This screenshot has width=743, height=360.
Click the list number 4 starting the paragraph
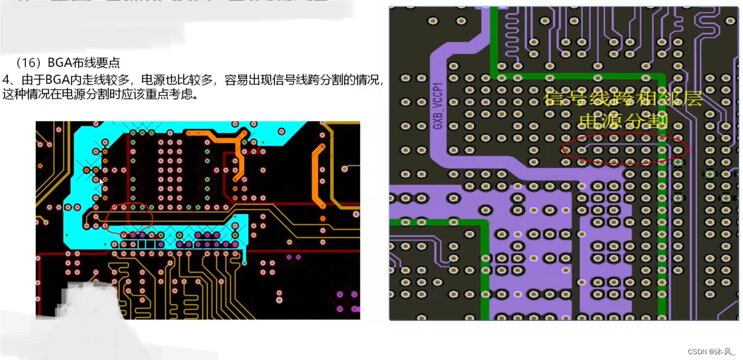(6, 80)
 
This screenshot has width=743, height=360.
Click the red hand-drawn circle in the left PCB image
(129, 217)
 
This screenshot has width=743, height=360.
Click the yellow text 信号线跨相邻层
(623, 98)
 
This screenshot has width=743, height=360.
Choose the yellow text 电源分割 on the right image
(623, 121)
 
